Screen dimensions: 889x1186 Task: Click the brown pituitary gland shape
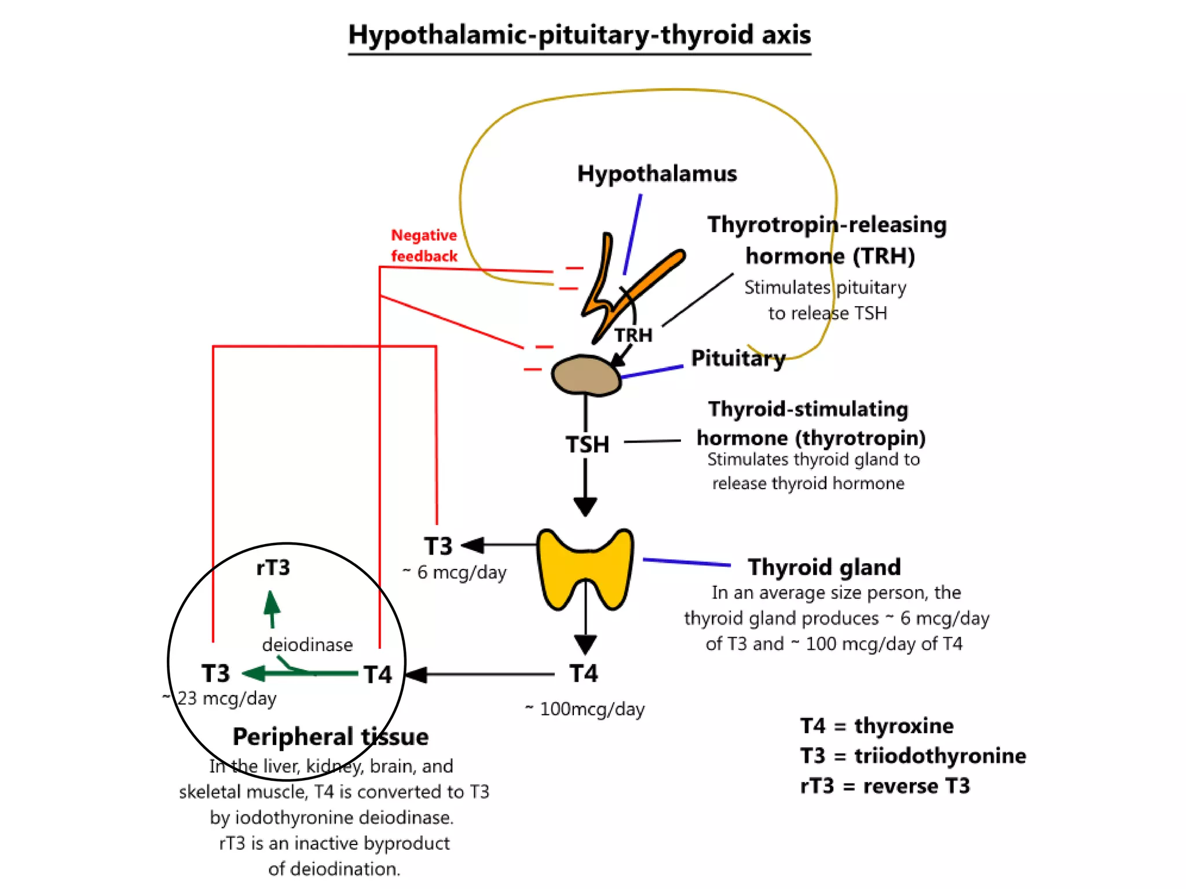click(x=585, y=376)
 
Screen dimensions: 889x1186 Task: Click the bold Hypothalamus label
click(x=657, y=174)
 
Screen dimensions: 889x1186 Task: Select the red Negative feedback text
click(x=424, y=245)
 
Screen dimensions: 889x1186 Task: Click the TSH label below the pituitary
click(x=587, y=444)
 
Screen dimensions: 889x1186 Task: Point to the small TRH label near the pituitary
click(x=633, y=335)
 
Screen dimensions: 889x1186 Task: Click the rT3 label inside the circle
click(x=273, y=567)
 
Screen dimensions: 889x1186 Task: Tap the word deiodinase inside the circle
click(x=307, y=644)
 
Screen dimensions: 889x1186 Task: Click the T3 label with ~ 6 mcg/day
click(x=438, y=546)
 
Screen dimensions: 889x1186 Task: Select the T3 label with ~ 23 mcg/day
click(x=215, y=674)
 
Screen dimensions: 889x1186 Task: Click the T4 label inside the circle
click(x=378, y=674)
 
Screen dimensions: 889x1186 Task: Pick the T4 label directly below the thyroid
click(x=584, y=673)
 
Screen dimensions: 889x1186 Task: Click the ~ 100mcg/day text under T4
click(x=585, y=709)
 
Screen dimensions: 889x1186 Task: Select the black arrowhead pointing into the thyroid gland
click(x=585, y=506)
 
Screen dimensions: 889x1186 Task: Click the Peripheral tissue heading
click(x=330, y=737)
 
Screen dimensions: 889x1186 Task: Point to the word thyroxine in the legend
click(x=903, y=726)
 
